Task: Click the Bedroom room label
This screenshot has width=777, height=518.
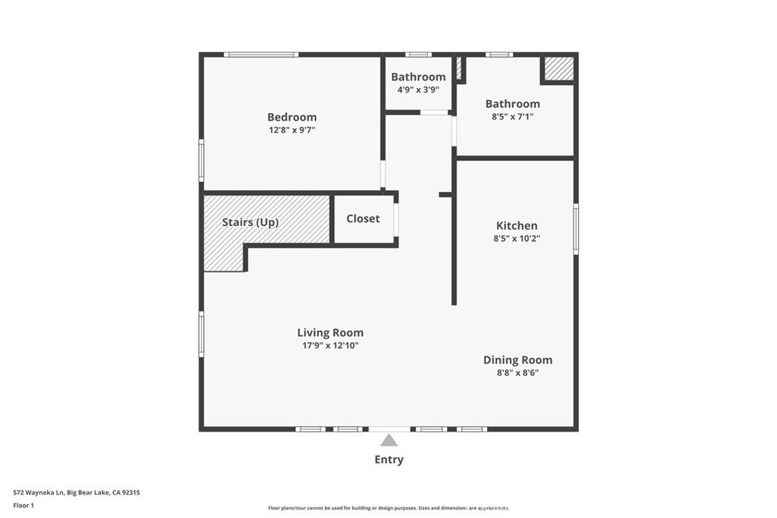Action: click(x=292, y=118)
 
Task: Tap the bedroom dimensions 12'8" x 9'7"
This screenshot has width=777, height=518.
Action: click(x=292, y=130)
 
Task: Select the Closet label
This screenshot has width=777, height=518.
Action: click(x=363, y=218)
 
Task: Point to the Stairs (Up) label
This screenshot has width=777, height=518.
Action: click(x=250, y=222)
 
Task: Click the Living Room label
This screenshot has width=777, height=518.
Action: click(x=331, y=333)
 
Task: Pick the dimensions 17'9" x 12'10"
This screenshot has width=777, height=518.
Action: click(x=331, y=346)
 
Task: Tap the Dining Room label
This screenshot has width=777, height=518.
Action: click(x=517, y=360)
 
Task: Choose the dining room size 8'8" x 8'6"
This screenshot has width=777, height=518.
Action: click(x=517, y=372)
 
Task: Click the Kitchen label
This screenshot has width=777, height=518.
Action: click(x=517, y=226)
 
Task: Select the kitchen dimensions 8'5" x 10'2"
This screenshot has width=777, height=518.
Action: click(x=517, y=238)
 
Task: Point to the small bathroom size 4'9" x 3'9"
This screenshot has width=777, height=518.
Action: click(x=418, y=89)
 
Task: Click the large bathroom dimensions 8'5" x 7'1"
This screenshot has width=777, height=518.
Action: click(x=513, y=117)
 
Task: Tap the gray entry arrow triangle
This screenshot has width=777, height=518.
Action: click(x=389, y=440)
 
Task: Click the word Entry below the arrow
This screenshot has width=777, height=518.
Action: click(x=389, y=460)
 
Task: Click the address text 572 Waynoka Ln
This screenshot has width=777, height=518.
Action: click(x=39, y=493)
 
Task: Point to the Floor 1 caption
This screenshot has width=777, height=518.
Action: click(x=24, y=506)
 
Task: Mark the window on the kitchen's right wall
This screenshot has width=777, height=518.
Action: click(x=576, y=229)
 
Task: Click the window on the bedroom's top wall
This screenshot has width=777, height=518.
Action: click(x=261, y=55)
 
